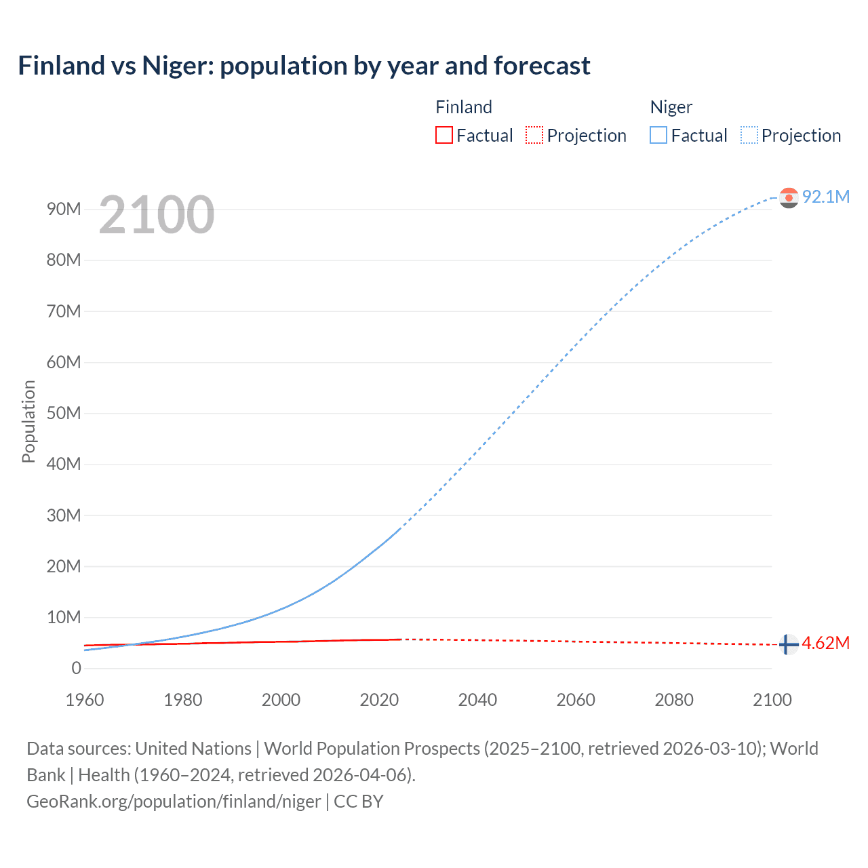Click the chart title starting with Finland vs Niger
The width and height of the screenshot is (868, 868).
304,66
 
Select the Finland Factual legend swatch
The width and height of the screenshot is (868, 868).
443,135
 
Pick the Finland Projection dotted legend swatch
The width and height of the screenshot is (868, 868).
534,135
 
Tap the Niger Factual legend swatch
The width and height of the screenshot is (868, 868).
658,135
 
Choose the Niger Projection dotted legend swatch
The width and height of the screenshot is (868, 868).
749,135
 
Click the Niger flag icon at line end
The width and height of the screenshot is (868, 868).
789,197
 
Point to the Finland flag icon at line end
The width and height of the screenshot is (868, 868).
787,644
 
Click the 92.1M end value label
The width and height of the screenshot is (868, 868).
826,197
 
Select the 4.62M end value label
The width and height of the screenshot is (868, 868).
826,643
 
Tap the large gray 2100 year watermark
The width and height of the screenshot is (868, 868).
157,215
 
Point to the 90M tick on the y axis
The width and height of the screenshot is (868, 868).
64,209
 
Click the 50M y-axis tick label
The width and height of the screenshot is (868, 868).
64,413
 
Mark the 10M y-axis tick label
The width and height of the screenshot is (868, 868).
64,617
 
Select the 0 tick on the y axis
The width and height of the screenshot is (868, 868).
76,668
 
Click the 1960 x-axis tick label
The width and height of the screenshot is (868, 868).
85,700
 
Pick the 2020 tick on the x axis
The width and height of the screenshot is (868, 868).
379,700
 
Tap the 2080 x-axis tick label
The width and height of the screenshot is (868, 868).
674,700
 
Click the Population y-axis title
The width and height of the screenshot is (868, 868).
28,421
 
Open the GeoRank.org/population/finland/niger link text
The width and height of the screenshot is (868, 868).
174,802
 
